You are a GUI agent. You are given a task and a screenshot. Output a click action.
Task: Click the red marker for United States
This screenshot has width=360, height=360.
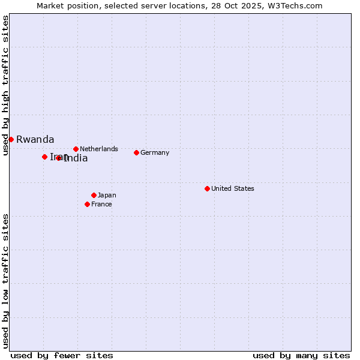coord(207,188)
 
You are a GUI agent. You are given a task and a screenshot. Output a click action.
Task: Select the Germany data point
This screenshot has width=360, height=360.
coord(136,152)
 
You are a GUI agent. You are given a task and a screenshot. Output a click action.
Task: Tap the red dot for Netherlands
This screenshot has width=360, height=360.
coord(76,149)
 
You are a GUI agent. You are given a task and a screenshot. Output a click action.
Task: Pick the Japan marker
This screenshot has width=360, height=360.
coord(94,195)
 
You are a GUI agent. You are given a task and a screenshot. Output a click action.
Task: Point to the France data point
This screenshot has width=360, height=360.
coord(87,204)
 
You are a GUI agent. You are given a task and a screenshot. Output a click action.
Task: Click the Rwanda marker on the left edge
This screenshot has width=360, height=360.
coord(11,139)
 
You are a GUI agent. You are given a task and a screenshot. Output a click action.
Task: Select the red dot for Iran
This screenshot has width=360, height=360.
coord(44,157)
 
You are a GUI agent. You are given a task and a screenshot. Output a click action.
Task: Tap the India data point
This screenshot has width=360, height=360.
coord(59,158)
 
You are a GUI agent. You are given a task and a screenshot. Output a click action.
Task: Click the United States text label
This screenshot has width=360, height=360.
coord(233,188)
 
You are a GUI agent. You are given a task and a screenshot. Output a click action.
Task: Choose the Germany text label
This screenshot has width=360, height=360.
coord(155,152)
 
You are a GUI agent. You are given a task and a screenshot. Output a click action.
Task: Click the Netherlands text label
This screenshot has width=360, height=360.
coord(99,149)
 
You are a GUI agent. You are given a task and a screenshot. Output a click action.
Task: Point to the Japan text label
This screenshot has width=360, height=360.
coord(107,195)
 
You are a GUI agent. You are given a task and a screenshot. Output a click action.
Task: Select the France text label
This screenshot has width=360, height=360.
coord(101,204)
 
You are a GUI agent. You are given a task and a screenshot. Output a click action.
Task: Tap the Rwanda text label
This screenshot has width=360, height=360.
coord(35,139)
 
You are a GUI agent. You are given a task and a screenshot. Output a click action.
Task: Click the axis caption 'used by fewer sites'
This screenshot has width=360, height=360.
coord(62,355)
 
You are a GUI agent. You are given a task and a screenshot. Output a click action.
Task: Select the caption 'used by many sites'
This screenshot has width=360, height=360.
coord(301,355)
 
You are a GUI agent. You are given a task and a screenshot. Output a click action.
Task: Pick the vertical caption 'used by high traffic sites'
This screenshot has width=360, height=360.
coord(5,85)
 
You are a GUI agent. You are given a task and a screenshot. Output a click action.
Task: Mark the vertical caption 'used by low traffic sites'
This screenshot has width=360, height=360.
coord(5,281)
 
